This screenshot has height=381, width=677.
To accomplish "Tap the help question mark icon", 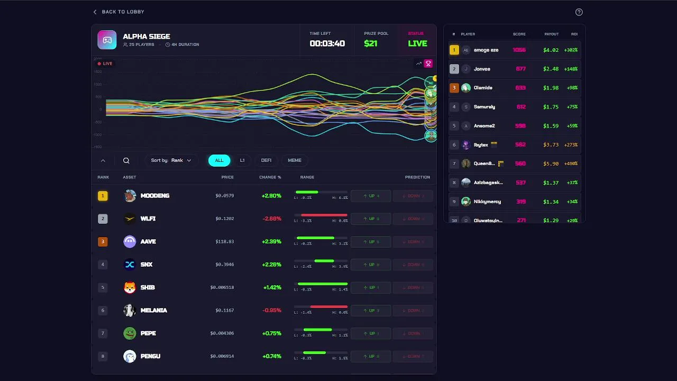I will click(x=579, y=12).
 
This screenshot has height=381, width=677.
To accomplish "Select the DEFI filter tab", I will click(x=266, y=160).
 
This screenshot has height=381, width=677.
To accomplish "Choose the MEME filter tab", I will click(x=295, y=160).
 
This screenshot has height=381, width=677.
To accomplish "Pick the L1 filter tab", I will click(x=242, y=160).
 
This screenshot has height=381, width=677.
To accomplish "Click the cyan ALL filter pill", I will click(x=219, y=160).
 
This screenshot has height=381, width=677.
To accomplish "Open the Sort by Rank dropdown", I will click(x=171, y=160).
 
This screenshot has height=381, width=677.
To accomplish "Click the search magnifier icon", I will click(x=126, y=160).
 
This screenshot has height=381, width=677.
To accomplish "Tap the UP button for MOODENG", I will click(x=371, y=196).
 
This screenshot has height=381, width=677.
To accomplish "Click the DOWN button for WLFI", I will click(x=413, y=219).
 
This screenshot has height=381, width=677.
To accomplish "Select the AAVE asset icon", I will click(x=130, y=242).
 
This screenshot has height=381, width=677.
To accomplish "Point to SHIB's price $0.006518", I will click(x=222, y=287).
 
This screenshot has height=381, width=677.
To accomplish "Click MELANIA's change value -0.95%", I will click(x=272, y=311).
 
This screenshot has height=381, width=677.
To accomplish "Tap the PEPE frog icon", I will click(x=130, y=333).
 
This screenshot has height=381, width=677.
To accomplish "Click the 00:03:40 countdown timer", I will click(x=327, y=43).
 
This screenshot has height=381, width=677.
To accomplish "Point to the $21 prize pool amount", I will click(x=371, y=43).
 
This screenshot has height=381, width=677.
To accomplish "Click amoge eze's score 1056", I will click(x=519, y=50).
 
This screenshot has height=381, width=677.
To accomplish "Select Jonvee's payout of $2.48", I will click(x=551, y=69).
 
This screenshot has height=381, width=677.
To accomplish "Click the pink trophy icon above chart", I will click(x=428, y=63).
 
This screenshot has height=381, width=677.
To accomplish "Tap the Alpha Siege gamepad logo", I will click(x=107, y=40).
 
